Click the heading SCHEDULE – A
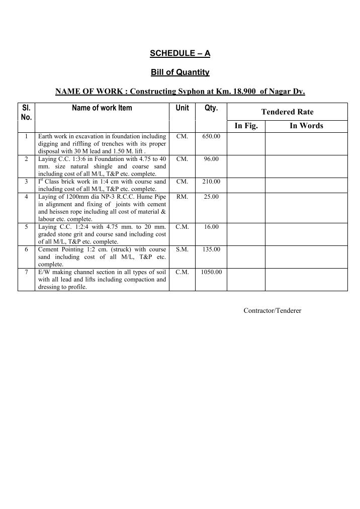click(179, 53)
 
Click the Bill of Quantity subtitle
click(180, 72)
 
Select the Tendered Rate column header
click(287, 112)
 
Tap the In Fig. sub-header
click(246, 126)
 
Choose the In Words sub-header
click(306, 126)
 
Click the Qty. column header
click(211, 108)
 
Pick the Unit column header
click(182, 108)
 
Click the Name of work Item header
click(102, 108)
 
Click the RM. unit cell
click(182, 197)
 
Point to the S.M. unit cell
click(182, 249)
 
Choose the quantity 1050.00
click(211, 272)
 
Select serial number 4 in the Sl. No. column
click(26, 197)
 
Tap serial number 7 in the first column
click(26, 272)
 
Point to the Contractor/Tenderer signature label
click(272, 311)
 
